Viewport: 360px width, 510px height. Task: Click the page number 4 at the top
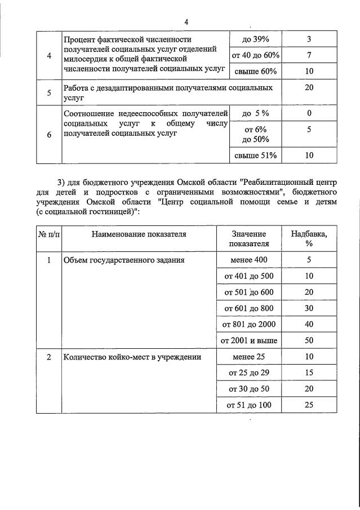point(186,22)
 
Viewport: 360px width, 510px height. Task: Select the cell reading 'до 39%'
point(255,39)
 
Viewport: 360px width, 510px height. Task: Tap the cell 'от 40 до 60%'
point(255,55)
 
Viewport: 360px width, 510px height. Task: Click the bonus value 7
point(309,55)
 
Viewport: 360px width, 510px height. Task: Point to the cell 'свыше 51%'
point(255,156)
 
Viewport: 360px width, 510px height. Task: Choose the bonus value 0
point(309,113)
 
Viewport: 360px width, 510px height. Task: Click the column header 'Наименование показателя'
point(139,234)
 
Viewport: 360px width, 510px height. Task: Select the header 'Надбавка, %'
point(309,238)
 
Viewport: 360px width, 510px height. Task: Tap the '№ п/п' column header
point(49,234)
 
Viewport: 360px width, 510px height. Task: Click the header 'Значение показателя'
point(249,238)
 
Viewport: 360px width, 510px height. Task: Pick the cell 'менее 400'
point(249,260)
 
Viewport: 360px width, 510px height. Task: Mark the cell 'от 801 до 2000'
point(249,325)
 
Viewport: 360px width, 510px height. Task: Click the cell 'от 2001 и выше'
point(249,340)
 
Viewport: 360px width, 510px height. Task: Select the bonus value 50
point(309,340)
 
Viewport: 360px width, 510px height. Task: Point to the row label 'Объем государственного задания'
point(124,260)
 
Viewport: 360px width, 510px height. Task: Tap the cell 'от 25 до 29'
point(249,373)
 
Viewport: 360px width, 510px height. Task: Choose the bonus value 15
point(309,373)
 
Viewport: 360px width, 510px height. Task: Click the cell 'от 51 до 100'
point(249,405)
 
